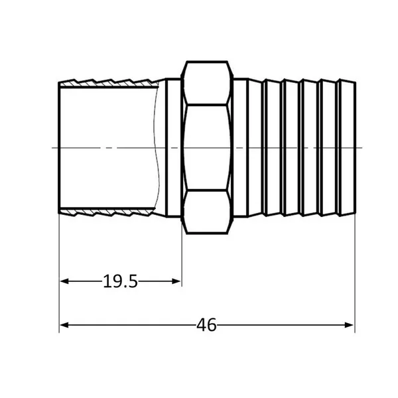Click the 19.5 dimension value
(x=120, y=281)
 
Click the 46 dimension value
(x=206, y=325)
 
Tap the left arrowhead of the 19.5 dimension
(x=64, y=281)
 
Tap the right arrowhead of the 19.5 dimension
(x=176, y=281)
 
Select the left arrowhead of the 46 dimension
(x=64, y=325)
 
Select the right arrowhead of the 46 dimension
(x=350, y=325)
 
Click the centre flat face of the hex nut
(x=206, y=147)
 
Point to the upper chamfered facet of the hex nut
(x=207, y=83)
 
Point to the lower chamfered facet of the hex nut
(x=207, y=212)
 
